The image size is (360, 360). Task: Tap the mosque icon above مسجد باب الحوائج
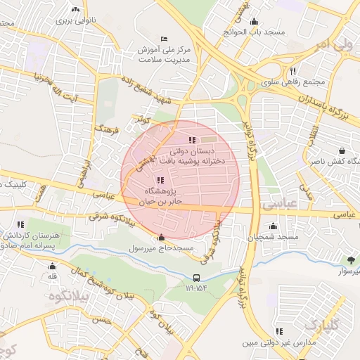click(254, 22)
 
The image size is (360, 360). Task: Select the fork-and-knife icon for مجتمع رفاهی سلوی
click(292, 71)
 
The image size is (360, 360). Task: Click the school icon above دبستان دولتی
click(193, 140)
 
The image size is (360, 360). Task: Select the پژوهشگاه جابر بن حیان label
click(162, 196)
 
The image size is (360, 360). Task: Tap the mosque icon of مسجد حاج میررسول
click(162, 237)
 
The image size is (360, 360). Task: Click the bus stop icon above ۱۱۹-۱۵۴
click(197, 277)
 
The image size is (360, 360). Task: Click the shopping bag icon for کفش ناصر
click(342, 150)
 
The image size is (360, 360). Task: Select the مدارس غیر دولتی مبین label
click(287, 342)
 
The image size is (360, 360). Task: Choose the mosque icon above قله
click(51, 266)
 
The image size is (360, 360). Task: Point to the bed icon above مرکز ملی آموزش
click(165, 38)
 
